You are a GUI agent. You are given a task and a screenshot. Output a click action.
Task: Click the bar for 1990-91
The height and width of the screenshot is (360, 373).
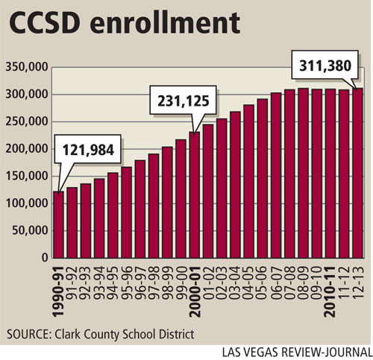[59, 224]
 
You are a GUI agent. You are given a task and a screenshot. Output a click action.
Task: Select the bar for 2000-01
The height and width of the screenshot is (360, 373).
[195, 195]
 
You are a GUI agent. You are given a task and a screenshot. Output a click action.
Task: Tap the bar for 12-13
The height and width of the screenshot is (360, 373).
[357, 173]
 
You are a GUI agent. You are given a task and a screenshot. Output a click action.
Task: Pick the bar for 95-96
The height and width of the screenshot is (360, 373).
[127, 212]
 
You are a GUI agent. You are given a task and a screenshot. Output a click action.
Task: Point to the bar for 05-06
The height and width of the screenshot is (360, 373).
[263, 178]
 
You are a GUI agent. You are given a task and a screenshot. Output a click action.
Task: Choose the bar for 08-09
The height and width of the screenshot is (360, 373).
[304, 173]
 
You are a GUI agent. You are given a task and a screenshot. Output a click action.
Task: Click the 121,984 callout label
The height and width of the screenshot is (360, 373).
[88, 150]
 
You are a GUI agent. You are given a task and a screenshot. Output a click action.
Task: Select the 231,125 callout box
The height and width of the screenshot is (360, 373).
[183, 100]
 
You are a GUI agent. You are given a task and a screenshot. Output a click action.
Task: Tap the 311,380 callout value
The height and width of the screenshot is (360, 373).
[325, 66]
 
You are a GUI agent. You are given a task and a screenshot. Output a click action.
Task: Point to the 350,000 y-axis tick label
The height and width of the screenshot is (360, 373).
[27, 67]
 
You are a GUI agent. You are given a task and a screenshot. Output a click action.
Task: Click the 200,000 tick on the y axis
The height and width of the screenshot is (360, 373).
[27, 149]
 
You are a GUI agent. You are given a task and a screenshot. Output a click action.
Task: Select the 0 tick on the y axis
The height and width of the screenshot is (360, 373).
[45, 258]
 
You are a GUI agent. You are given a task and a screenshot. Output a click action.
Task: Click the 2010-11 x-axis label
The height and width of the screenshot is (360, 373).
[330, 292]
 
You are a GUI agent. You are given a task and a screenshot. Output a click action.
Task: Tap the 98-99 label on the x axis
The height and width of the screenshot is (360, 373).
[168, 282]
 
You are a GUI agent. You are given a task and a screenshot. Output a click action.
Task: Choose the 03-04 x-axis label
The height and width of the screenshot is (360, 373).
[236, 282]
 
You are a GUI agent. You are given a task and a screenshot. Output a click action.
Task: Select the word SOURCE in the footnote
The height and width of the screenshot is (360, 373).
[28, 334]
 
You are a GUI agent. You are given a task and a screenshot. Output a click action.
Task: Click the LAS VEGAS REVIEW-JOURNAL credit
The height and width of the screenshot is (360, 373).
[297, 353]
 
